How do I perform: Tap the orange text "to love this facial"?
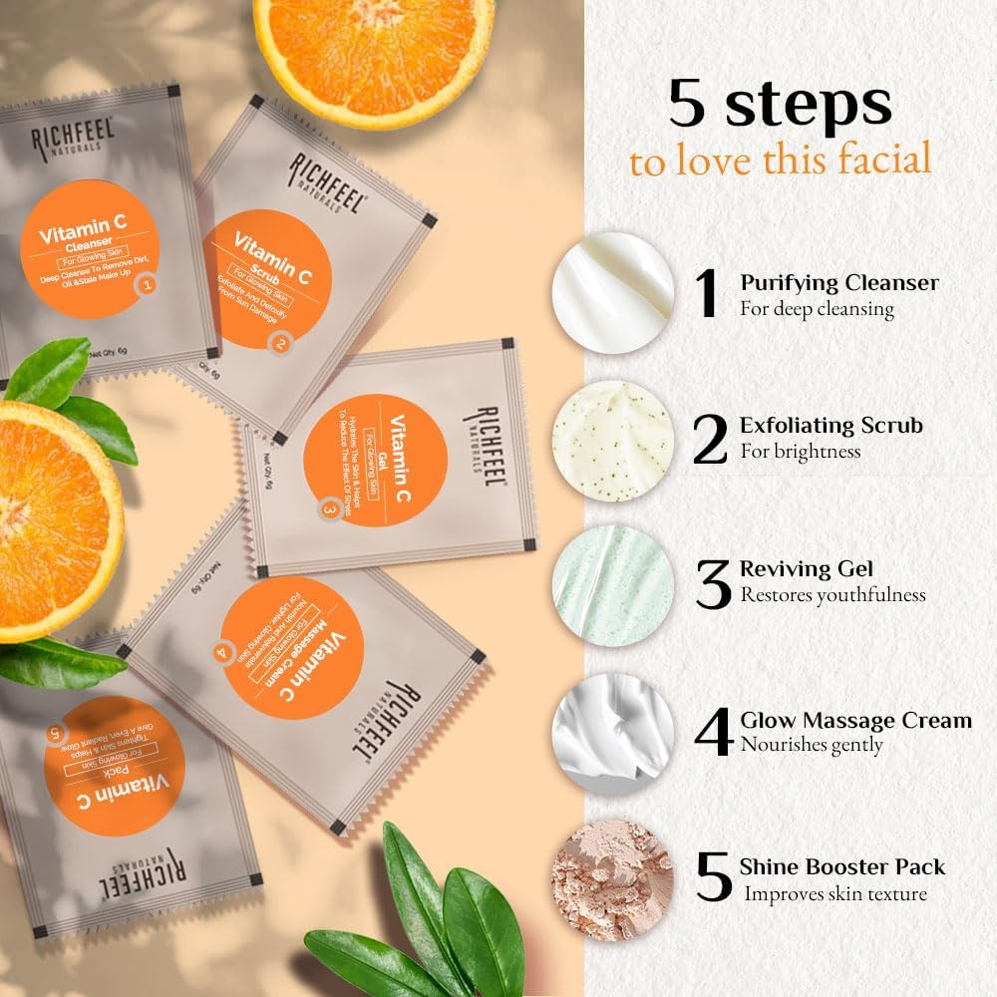click(x=781, y=160)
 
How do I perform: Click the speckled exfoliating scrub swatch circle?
click(x=613, y=440)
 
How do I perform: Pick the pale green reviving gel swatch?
click(x=613, y=586)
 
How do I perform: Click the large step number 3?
click(x=713, y=586)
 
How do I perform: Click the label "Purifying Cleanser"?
click(x=838, y=283)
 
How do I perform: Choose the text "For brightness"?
click(x=800, y=452)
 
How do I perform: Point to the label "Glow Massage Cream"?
click(x=855, y=720)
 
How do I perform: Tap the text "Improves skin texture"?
click(x=835, y=894)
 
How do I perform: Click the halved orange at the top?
click(x=374, y=50)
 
